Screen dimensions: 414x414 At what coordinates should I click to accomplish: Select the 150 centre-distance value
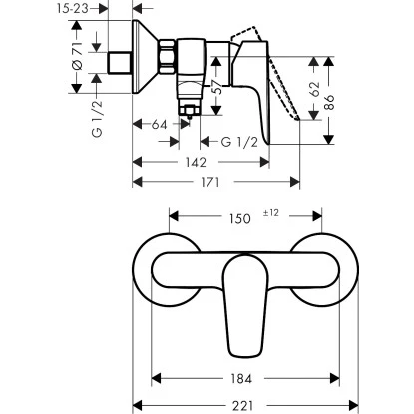pyautogui.click(x=238, y=216)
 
